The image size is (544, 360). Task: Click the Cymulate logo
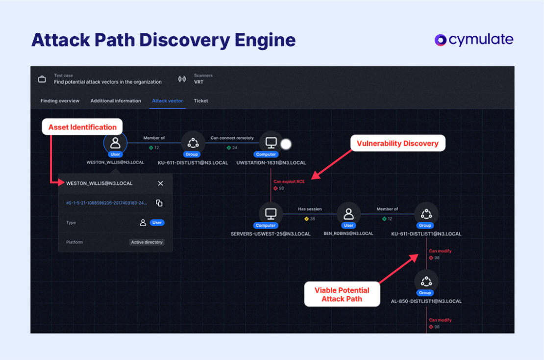pyautogui.click(x=474, y=40)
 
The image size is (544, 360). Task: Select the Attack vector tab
pyautogui.click(x=167, y=101)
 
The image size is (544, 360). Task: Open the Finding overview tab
pyautogui.click(x=60, y=101)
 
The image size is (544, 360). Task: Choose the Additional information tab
pyautogui.click(x=116, y=101)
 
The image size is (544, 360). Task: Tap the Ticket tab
pyautogui.click(x=201, y=101)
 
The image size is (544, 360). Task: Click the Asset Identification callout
pyautogui.click(x=82, y=128)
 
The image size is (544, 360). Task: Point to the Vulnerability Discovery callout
pyautogui.click(x=397, y=143)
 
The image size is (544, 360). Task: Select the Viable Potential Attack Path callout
pyautogui.click(x=342, y=294)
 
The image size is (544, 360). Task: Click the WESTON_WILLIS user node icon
pyautogui.click(x=116, y=143)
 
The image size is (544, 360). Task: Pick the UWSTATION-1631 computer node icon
pyautogui.click(x=271, y=143)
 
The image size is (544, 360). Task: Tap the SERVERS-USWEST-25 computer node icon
pyautogui.click(x=271, y=214)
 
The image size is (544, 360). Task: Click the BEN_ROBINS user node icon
pyautogui.click(x=348, y=214)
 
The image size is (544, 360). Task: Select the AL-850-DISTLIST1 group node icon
pyautogui.click(x=426, y=282)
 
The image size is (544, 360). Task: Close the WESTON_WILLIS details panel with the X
pyautogui.click(x=161, y=183)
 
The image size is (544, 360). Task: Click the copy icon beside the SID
pyautogui.click(x=159, y=203)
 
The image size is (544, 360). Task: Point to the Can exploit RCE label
pyautogui.click(x=289, y=181)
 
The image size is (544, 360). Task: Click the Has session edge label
pyautogui.click(x=309, y=209)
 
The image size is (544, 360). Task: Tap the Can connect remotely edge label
pyautogui.click(x=232, y=138)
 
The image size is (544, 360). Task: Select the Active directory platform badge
pyautogui.click(x=147, y=242)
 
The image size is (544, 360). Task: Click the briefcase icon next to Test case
pyautogui.click(x=42, y=79)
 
